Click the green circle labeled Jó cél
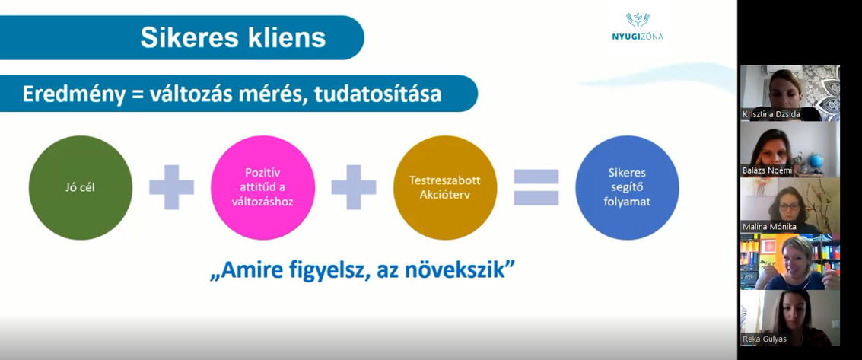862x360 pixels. pos(80,187)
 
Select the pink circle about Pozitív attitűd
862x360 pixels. pos(262,187)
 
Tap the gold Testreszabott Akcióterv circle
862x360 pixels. pos(445,187)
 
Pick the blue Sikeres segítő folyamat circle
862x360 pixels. pos(627,187)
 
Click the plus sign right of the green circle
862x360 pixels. pos(171,187)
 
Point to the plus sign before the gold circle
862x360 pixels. pos(354,187)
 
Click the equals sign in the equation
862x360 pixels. pos(536,187)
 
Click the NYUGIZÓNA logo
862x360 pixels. pos(638,27)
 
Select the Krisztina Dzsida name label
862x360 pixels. pos(771,114)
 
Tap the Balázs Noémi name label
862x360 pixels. pos(768,170)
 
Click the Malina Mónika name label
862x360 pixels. pos(769,227)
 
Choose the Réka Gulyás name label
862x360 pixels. pos(765,339)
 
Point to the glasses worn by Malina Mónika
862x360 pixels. pos(790,207)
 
